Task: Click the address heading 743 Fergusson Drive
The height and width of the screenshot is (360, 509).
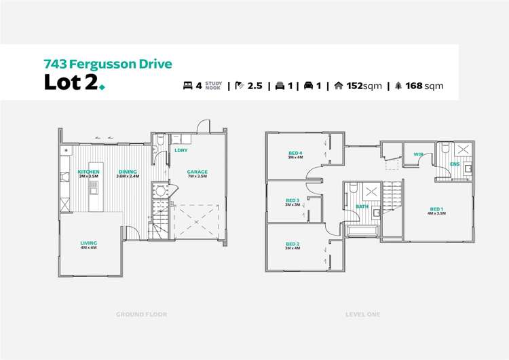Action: click(107, 65)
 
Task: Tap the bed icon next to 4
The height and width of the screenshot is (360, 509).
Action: click(187, 86)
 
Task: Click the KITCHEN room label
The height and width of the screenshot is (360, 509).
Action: click(88, 172)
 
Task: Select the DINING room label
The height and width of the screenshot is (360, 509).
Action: click(128, 172)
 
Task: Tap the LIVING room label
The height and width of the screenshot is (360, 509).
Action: click(88, 242)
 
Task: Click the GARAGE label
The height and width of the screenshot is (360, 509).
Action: click(197, 172)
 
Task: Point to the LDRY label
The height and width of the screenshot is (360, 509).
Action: click(181, 150)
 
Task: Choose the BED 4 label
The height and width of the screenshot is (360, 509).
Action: click(295, 153)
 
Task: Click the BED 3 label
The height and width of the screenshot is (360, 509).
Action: click(293, 200)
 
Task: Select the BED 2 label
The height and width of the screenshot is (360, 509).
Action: click(293, 244)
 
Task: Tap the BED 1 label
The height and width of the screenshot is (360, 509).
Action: click(436, 209)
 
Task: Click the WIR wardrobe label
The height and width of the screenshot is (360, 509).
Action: click(418, 154)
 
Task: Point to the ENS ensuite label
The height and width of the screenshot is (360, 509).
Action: click(454, 164)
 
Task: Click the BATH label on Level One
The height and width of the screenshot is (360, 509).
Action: click(362, 206)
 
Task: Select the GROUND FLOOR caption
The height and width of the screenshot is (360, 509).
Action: click(141, 314)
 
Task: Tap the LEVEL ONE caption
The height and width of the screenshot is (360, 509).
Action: click(363, 314)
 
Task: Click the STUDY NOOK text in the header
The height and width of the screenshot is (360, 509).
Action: click(214, 86)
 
